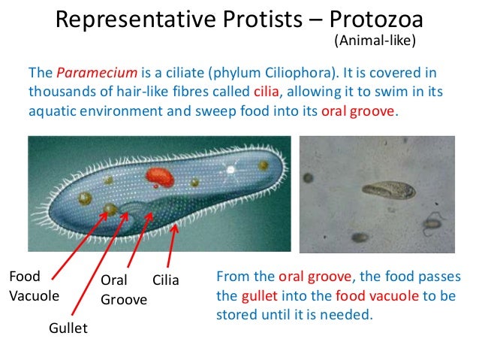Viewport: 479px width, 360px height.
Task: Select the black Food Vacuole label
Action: coord(29,285)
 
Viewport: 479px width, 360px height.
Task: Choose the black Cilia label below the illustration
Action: coord(166,280)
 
